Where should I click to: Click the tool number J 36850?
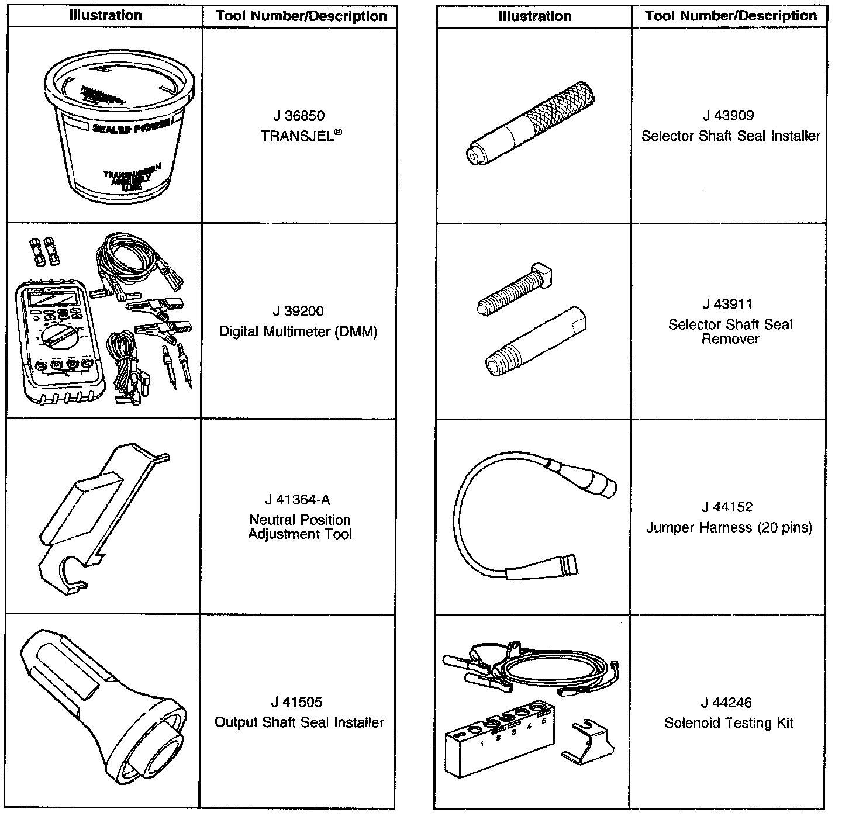pos(298,116)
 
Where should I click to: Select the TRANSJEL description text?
pos(299,136)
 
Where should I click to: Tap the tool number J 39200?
pos(298,311)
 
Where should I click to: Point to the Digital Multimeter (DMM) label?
pos(298,331)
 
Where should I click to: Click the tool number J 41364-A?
pos(298,500)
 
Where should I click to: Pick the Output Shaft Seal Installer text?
pos(299,722)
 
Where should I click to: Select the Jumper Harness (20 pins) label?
pos(729,528)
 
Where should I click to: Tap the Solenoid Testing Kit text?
pos(729,723)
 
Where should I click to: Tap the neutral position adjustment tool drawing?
pos(99,514)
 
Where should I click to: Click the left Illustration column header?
pos(106,16)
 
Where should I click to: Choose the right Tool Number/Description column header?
pos(730,16)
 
